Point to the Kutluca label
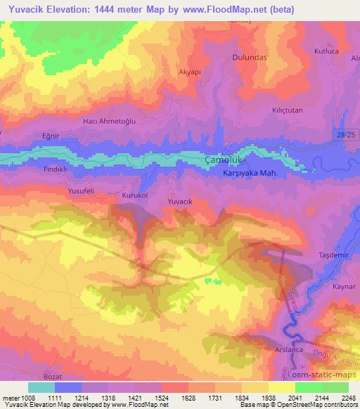tap(327, 52)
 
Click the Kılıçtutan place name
tap(287, 110)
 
